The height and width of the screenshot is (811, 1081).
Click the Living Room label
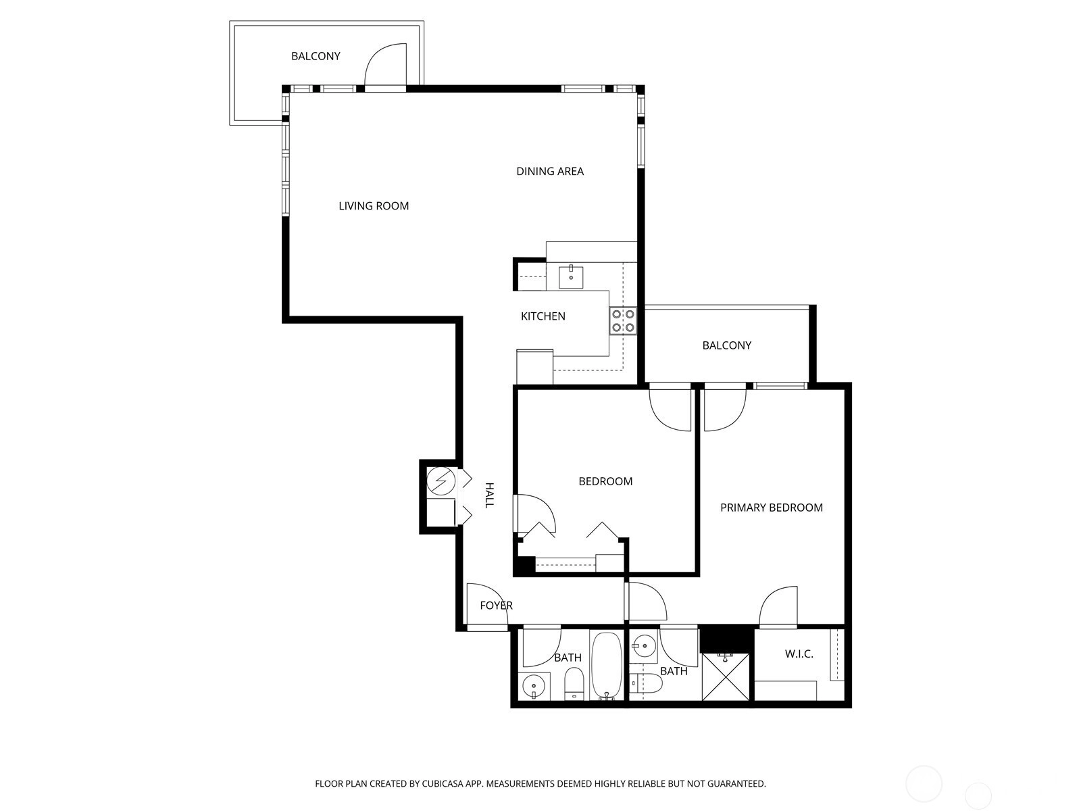[x=374, y=206]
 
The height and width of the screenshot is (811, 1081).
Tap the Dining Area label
[x=549, y=172]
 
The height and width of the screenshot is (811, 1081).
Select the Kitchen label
[x=543, y=316]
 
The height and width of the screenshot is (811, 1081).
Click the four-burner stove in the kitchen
[x=622, y=320]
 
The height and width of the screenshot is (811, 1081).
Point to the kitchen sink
[x=571, y=276]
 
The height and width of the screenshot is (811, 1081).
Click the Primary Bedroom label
[x=772, y=508]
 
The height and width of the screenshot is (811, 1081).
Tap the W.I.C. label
[x=799, y=654]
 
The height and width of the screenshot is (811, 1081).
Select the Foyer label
[x=496, y=606]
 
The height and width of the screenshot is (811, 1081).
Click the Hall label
[x=488, y=495]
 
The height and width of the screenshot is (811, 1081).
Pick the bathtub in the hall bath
[x=606, y=665]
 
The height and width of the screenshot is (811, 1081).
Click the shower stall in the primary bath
[x=726, y=676]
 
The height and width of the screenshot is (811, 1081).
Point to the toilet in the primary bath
[x=645, y=683]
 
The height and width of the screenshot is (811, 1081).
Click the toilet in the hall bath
[x=573, y=683]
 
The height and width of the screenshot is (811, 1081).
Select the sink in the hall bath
[x=534, y=686]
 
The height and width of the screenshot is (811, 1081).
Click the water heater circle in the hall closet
[x=441, y=481]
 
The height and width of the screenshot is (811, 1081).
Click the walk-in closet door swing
[x=778, y=606]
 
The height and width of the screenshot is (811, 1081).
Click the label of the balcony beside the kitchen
[x=726, y=345]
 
